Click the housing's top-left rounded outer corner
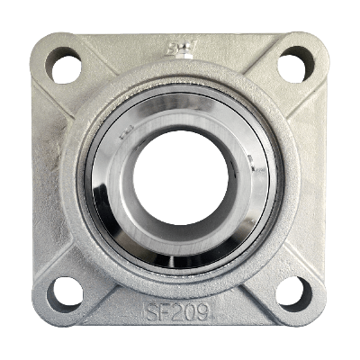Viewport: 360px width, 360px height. tap(40, 43)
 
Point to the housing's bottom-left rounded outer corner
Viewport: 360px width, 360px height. tap(40, 316)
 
